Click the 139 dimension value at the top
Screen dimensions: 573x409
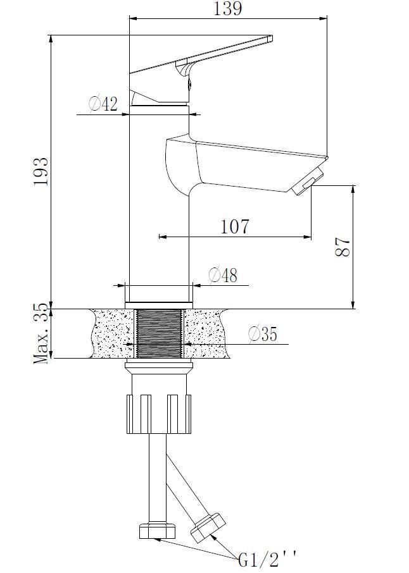coord(227,9)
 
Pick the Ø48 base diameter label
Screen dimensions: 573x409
coord(223,275)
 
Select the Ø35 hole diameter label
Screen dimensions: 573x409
coord(262,334)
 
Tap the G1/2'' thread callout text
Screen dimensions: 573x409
coord(267,558)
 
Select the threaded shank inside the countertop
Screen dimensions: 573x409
coord(159,333)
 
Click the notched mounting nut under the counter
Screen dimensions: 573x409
coord(159,414)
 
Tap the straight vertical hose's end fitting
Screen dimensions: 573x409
coord(154,530)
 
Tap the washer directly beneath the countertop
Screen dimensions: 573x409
coord(159,367)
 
